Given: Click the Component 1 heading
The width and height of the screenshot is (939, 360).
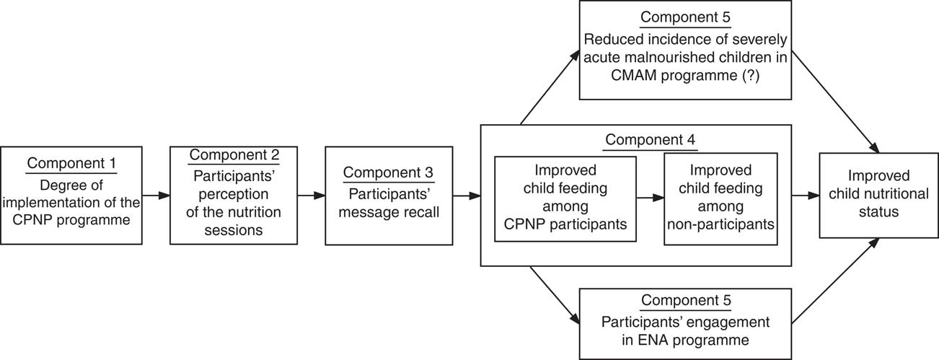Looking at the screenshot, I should tap(71, 164).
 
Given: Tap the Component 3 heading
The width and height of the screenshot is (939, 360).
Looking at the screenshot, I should tap(389, 172).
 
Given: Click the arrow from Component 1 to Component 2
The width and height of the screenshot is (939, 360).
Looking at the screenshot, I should tap(155, 195).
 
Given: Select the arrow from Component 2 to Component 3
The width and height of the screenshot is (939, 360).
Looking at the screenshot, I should tap(310, 195).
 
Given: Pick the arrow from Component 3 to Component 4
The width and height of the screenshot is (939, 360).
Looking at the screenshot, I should tap(466, 195).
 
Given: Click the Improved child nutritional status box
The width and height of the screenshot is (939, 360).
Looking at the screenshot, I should tap(878, 194).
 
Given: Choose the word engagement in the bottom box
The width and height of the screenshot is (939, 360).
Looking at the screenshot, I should tap(731, 321).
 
